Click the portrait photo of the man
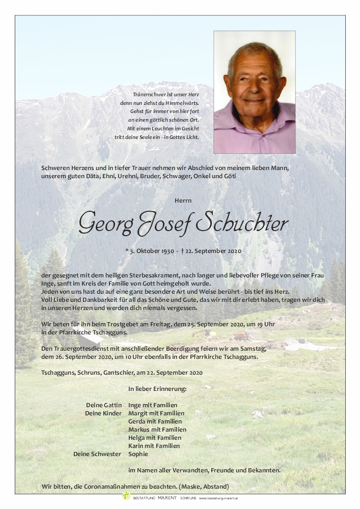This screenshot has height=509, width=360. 254,92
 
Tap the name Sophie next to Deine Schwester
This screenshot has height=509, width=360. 138,454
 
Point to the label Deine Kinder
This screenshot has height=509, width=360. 103,413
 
